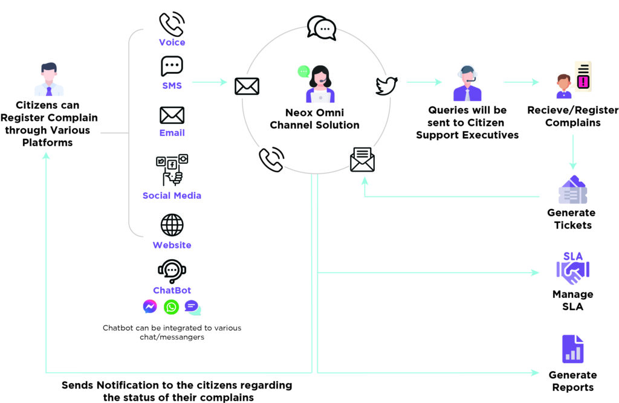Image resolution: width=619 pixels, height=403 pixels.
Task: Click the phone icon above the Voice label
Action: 172,24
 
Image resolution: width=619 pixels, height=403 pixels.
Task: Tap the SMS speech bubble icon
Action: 172,66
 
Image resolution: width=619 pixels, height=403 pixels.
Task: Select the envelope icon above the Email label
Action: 172,115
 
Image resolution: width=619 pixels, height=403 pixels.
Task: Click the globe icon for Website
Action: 172,225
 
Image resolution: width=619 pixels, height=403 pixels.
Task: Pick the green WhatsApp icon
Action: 171,307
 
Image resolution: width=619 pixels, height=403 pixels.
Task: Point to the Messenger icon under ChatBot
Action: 150,306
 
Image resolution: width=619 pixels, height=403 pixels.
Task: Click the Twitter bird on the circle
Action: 386,86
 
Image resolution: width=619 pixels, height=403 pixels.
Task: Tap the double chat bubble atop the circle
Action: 322,28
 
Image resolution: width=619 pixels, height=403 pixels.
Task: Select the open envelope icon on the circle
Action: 363,160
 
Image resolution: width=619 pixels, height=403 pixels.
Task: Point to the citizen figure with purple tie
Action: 49,79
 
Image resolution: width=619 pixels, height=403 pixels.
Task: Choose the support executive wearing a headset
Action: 467,83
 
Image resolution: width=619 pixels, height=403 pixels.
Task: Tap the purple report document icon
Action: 573,349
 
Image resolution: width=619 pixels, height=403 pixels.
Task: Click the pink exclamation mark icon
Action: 583,82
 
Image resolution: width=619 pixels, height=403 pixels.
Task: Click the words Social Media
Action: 172,195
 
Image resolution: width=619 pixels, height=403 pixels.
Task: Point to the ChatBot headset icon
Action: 172,271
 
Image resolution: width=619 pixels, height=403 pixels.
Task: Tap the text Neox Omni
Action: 314,112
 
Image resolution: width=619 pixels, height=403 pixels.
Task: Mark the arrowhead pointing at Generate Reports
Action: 536,373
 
